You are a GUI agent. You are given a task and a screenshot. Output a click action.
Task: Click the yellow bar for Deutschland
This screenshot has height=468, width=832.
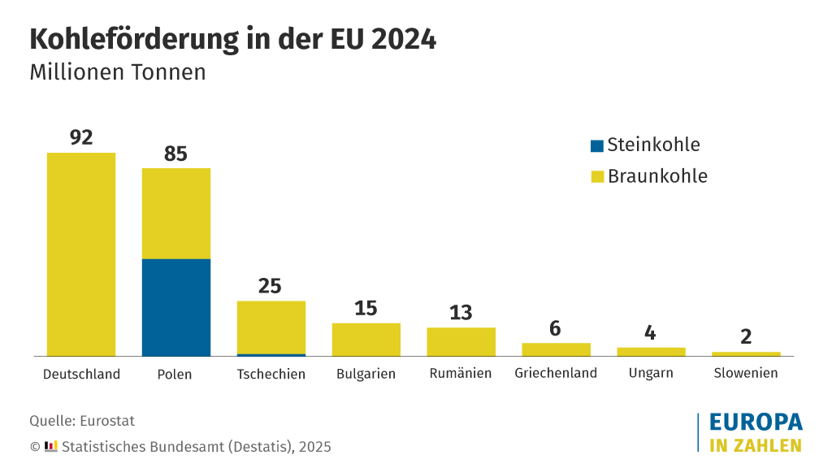click(81, 254)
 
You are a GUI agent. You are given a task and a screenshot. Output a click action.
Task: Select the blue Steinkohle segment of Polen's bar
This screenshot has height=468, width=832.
click(176, 307)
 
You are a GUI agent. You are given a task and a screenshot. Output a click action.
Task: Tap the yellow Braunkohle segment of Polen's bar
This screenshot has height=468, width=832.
click(176, 214)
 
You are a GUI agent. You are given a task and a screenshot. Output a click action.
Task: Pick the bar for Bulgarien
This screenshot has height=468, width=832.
click(366, 340)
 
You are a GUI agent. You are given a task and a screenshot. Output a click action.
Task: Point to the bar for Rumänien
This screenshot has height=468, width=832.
click(461, 342)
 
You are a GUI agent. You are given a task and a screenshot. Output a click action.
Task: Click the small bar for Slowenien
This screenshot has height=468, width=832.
click(746, 353)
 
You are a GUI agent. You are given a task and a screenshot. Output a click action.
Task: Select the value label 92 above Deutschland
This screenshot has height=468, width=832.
click(81, 137)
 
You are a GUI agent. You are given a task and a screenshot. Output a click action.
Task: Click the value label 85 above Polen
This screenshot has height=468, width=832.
click(176, 154)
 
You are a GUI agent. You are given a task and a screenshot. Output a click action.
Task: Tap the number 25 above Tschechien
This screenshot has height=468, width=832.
click(270, 286)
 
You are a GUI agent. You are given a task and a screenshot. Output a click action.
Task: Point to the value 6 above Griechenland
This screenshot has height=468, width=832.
click(556, 328)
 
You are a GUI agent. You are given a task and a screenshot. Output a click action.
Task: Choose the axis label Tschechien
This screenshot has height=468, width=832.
click(271, 374)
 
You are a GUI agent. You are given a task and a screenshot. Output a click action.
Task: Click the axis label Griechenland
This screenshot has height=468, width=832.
click(556, 374)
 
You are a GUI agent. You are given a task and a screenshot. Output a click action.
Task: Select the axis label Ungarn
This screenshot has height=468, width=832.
click(651, 374)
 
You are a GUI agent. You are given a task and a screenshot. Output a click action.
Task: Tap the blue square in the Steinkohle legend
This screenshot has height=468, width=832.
click(597, 146)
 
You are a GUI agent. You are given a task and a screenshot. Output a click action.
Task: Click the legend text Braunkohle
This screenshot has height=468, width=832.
click(657, 176)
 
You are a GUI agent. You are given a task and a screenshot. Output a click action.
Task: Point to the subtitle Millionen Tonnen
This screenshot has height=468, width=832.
click(118, 72)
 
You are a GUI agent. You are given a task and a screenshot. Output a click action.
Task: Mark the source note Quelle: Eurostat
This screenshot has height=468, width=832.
click(82, 421)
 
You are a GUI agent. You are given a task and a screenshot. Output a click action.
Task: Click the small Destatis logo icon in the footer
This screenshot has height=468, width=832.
click(51, 446)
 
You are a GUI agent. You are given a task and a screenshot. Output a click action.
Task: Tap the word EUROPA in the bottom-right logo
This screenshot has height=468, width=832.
click(756, 422)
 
